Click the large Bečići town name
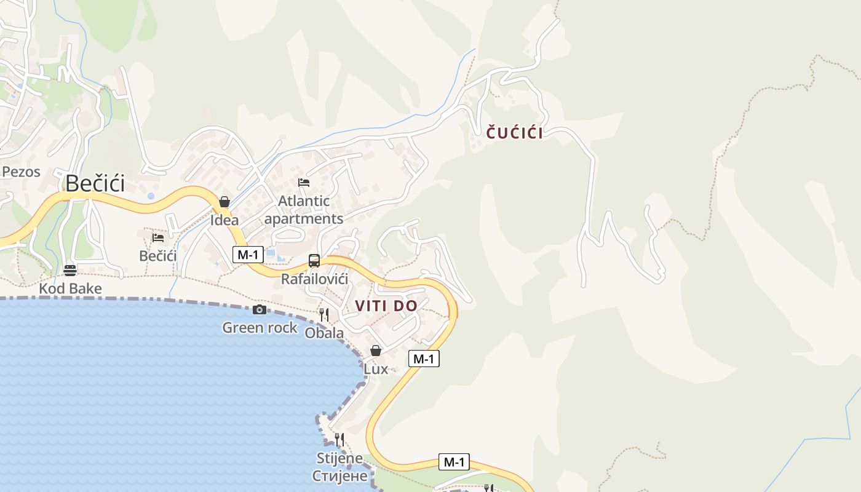click(95, 183)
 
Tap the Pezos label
click(21, 172)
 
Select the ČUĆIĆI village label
click(515, 133)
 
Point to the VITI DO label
click(386, 306)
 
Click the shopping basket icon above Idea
click(224, 202)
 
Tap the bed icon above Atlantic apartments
click(304, 183)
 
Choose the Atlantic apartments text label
click(304, 210)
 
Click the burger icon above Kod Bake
click(70, 270)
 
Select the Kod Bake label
click(70, 288)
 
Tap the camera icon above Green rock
click(260, 309)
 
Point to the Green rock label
click(260, 328)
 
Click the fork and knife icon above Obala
click(324, 315)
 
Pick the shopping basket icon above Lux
click(376, 351)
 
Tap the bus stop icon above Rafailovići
click(314, 261)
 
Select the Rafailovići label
click(314, 279)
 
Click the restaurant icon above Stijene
click(339, 439)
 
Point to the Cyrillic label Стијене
click(339, 476)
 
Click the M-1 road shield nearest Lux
click(424, 359)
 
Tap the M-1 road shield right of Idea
click(248, 254)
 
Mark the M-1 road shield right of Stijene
click(454, 462)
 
